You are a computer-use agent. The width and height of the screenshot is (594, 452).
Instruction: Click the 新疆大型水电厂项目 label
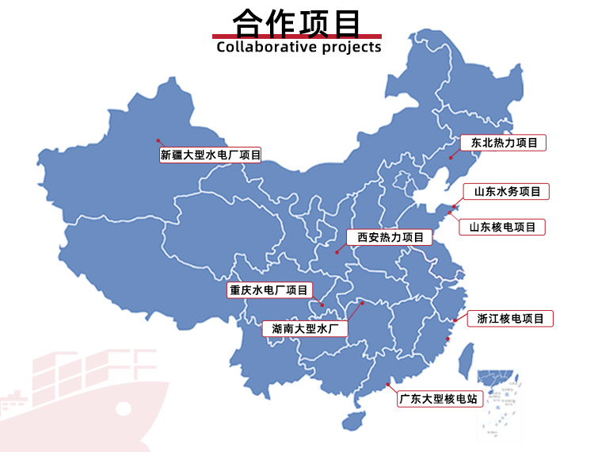click(210, 155)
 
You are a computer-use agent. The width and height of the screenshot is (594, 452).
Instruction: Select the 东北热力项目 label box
click(504, 143)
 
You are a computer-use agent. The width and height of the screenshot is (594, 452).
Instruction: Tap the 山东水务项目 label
click(506, 191)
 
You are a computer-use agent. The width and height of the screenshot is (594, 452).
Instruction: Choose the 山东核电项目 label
click(502, 227)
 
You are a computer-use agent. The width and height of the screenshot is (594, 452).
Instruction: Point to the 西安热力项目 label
click(390, 237)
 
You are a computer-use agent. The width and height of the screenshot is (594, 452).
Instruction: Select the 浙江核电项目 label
click(510, 319)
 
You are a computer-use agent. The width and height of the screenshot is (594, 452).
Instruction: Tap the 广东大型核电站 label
click(440, 399)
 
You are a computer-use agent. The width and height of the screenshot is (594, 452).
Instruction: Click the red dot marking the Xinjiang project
click(158, 140)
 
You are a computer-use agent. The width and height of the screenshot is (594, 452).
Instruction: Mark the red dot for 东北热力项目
click(450, 158)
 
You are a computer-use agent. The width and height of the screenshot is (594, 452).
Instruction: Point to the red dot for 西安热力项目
click(337, 252)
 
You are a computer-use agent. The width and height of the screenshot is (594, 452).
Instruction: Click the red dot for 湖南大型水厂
click(362, 302)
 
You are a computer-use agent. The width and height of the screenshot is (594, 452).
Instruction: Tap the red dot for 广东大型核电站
click(388, 385)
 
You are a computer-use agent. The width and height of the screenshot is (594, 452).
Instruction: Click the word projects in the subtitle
click(352, 48)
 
